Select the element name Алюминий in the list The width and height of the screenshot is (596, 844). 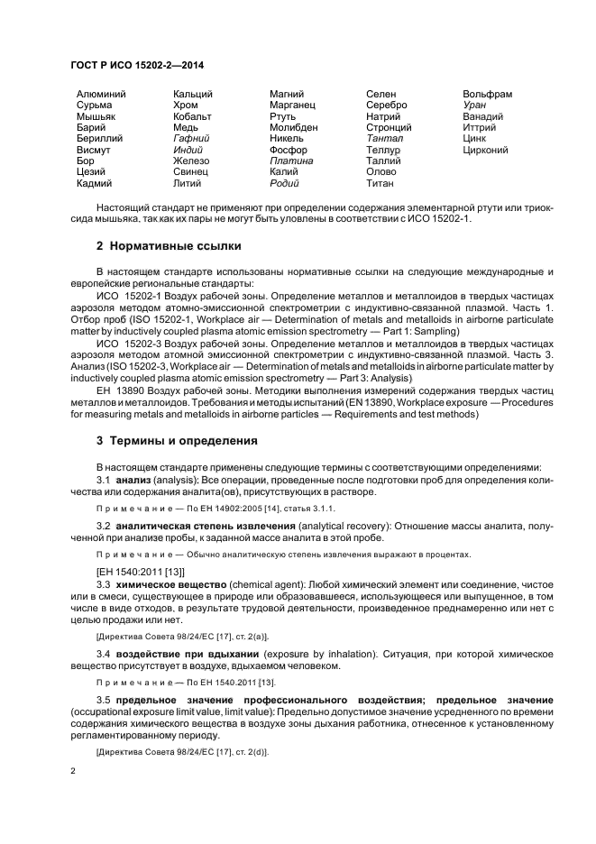pos(101,94)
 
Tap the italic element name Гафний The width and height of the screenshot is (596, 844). pos(191,139)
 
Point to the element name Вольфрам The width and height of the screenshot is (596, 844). pos(487,94)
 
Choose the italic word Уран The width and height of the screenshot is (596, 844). pos(474,105)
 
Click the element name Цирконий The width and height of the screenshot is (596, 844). pos(485,150)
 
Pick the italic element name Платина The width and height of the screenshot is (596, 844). pos(291,161)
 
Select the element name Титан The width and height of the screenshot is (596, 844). pos(381,184)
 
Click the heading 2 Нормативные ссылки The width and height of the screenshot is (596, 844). pos(169,245)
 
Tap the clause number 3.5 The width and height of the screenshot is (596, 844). pos(104,701)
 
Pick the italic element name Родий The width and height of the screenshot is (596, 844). pos(286,184)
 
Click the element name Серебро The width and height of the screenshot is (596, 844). pos(387,105)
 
